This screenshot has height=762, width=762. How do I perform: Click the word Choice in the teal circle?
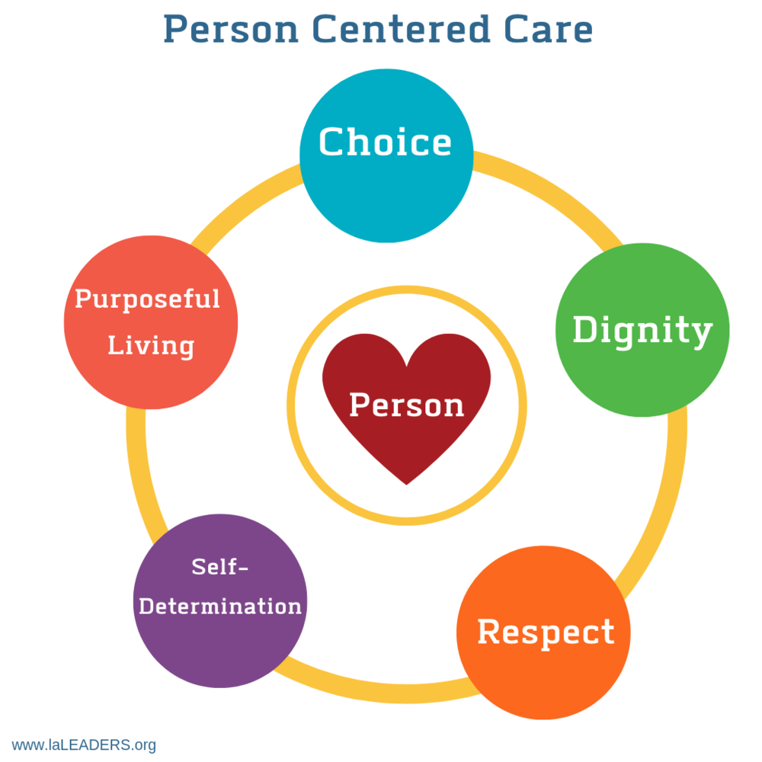385,142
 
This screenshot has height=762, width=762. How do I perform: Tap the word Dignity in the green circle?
642,331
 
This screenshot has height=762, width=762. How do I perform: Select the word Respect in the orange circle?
546,632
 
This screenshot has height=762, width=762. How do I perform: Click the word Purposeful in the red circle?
147,299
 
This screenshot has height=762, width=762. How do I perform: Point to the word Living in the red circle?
151,345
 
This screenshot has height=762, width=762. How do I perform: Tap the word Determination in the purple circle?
220,607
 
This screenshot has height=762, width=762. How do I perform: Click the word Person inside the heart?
406,405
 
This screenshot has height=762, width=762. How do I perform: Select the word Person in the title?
229,30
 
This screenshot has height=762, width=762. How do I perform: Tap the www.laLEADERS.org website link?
84,744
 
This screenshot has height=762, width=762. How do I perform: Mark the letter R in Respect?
488,632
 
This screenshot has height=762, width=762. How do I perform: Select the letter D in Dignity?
584,331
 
